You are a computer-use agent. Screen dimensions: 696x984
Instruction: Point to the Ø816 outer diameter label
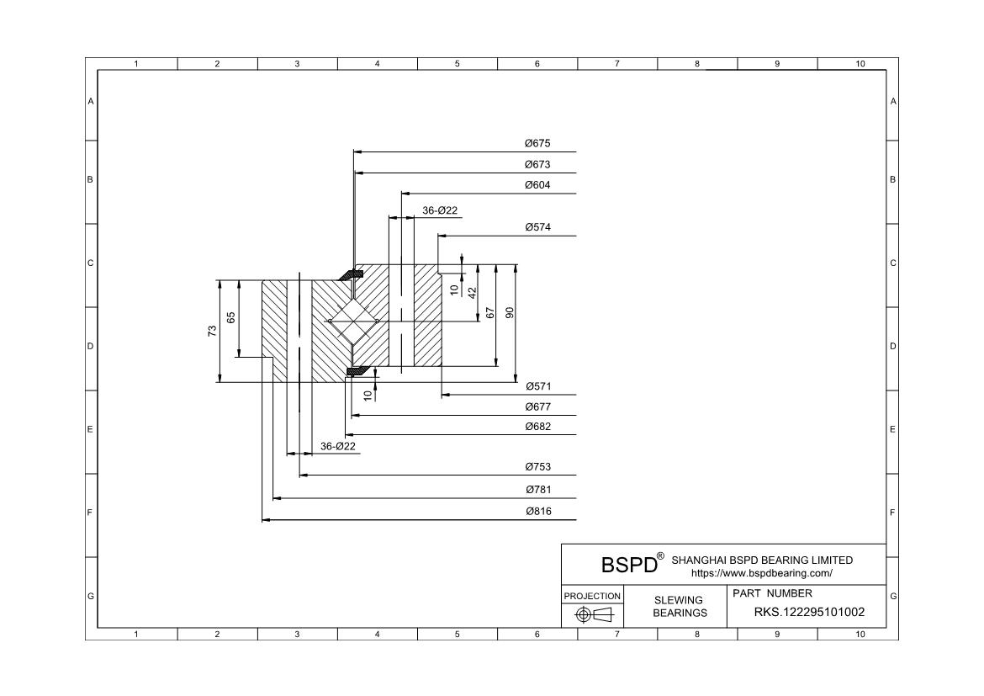pyautogui.click(x=537, y=512)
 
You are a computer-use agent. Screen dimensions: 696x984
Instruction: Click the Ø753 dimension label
pyautogui.click(x=537, y=467)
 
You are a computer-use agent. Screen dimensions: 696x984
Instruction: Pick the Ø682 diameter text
pyautogui.click(x=537, y=427)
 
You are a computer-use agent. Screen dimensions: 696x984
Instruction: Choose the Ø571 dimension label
pyautogui.click(x=537, y=386)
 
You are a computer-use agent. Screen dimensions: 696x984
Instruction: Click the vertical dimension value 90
pyautogui.click(x=510, y=312)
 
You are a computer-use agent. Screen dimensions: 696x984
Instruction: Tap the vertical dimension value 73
pyautogui.click(x=213, y=332)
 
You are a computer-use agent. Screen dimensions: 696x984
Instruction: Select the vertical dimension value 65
pyautogui.click(x=231, y=317)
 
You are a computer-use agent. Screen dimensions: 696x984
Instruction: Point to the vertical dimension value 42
pyautogui.click(x=473, y=293)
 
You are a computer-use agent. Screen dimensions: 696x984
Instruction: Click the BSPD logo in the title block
pyautogui.click(x=629, y=564)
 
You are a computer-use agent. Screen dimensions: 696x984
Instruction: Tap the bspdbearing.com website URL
pyautogui.click(x=761, y=573)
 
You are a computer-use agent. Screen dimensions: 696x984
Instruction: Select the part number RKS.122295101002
pyautogui.click(x=809, y=612)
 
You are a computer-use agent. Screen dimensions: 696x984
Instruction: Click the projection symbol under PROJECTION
pyautogui.click(x=592, y=615)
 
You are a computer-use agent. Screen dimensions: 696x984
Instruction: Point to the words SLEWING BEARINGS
pyautogui.click(x=680, y=606)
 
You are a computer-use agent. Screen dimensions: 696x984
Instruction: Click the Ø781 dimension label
pyautogui.click(x=537, y=490)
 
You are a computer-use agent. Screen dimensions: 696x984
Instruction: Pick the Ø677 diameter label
pyautogui.click(x=537, y=406)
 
